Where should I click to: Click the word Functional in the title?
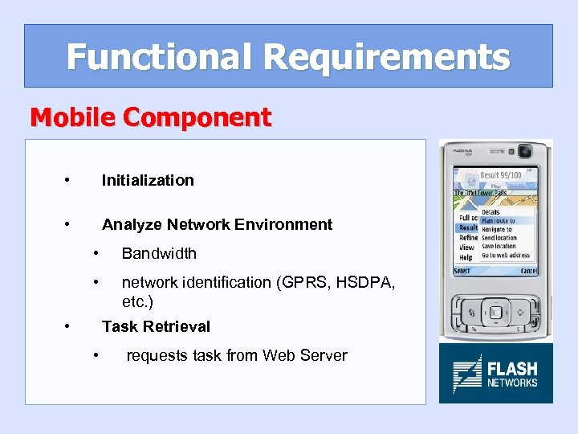[159, 57]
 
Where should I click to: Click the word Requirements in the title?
[385, 57]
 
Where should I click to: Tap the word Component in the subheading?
[197, 117]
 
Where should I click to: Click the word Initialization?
[148, 180]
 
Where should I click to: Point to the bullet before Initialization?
[67, 179]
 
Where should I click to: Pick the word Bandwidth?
[159, 253]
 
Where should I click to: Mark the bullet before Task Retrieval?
[67, 325]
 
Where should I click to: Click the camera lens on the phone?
[525, 151]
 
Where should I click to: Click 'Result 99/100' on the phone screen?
[500, 175]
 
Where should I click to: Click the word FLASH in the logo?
[512, 370]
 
